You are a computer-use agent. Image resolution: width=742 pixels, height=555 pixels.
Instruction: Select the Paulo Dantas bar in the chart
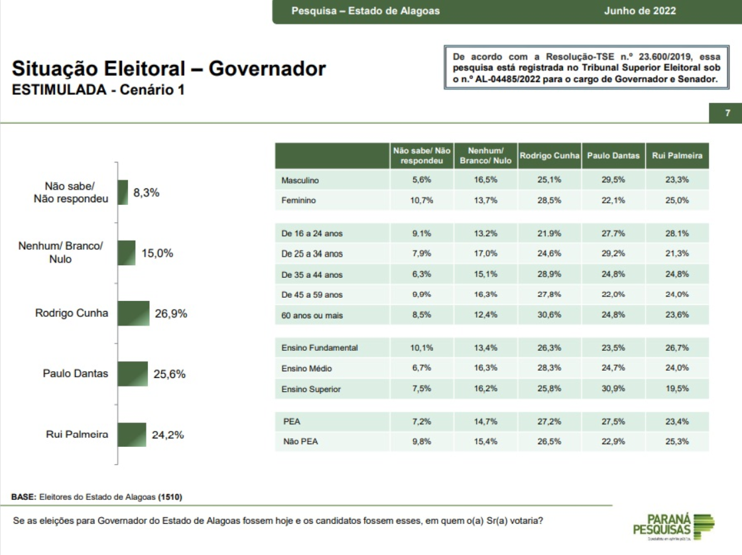coord(133,374)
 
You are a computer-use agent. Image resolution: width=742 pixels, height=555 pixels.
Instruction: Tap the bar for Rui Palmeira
coord(131,435)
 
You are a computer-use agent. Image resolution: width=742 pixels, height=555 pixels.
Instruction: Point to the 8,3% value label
coord(147,193)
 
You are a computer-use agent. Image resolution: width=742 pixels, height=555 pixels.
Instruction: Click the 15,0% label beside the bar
coord(157,253)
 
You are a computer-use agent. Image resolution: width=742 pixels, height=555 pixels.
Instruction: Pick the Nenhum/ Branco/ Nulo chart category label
coord(60,253)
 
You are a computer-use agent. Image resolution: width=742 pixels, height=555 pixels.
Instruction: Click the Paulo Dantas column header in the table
coord(613,156)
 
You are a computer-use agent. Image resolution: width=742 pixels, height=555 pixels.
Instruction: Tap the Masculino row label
coord(300,180)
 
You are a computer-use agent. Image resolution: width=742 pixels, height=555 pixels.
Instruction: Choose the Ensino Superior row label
coord(311,389)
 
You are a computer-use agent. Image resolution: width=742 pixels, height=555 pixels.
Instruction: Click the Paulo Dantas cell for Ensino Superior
coord(613,389)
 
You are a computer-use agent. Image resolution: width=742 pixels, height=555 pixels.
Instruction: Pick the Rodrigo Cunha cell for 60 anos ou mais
coord(550,315)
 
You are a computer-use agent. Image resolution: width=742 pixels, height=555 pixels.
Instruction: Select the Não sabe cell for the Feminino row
coord(422,200)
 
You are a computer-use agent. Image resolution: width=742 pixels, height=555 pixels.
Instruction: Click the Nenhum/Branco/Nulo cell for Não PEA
coord(485,442)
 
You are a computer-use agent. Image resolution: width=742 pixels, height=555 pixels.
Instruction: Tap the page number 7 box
coord(727,113)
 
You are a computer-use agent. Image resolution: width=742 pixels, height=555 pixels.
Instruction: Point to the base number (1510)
coord(170,496)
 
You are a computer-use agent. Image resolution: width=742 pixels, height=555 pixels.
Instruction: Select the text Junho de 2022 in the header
coord(641,11)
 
